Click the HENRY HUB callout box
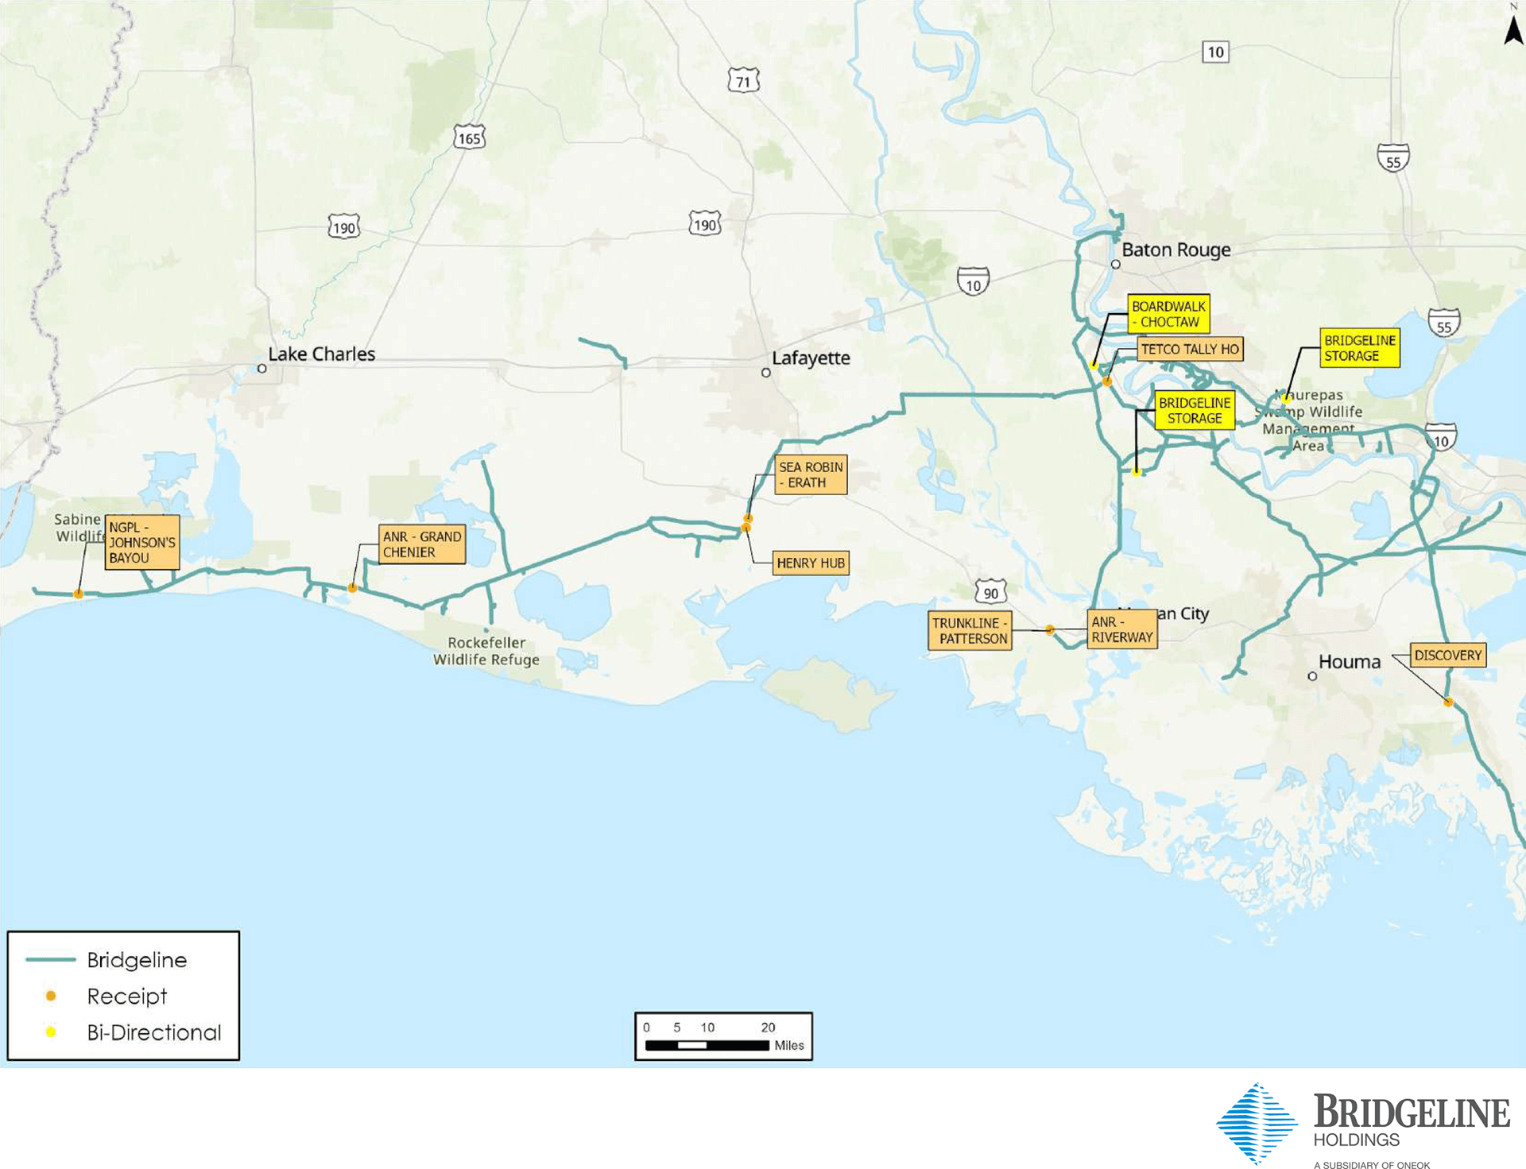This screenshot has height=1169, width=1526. click(x=810, y=563)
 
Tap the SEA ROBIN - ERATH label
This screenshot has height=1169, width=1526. click(x=810, y=474)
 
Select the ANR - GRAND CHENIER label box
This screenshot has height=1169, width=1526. click(x=421, y=544)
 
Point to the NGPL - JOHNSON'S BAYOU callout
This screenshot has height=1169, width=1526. click(x=141, y=543)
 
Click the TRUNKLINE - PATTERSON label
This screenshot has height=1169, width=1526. click(x=970, y=631)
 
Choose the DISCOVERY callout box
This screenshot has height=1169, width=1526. click(x=1447, y=656)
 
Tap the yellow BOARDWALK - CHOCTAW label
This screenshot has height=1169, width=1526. click(x=1168, y=314)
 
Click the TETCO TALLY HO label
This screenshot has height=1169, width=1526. click(x=1189, y=350)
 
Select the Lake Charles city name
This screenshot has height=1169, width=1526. click(x=321, y=354)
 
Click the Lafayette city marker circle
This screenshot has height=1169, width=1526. click(x=766, y=373)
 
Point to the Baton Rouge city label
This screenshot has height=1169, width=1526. click(x=1175, y=250)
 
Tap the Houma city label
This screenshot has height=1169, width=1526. click(x=1349, y=662)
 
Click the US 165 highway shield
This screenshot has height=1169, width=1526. click(x=469, y=138)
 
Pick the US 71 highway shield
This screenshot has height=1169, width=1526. click(x=743, y=81)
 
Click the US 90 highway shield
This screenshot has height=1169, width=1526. click(x=990, y=593)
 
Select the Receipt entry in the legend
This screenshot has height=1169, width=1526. click(x=126, y=996)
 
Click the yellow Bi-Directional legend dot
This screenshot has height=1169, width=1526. click(x=51, y=1032)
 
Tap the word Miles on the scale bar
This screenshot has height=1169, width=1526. click(x=788, y=1046)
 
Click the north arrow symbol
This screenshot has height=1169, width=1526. click(x=1513, y=30)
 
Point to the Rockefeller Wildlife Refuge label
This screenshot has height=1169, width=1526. click(x=486, y=651)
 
